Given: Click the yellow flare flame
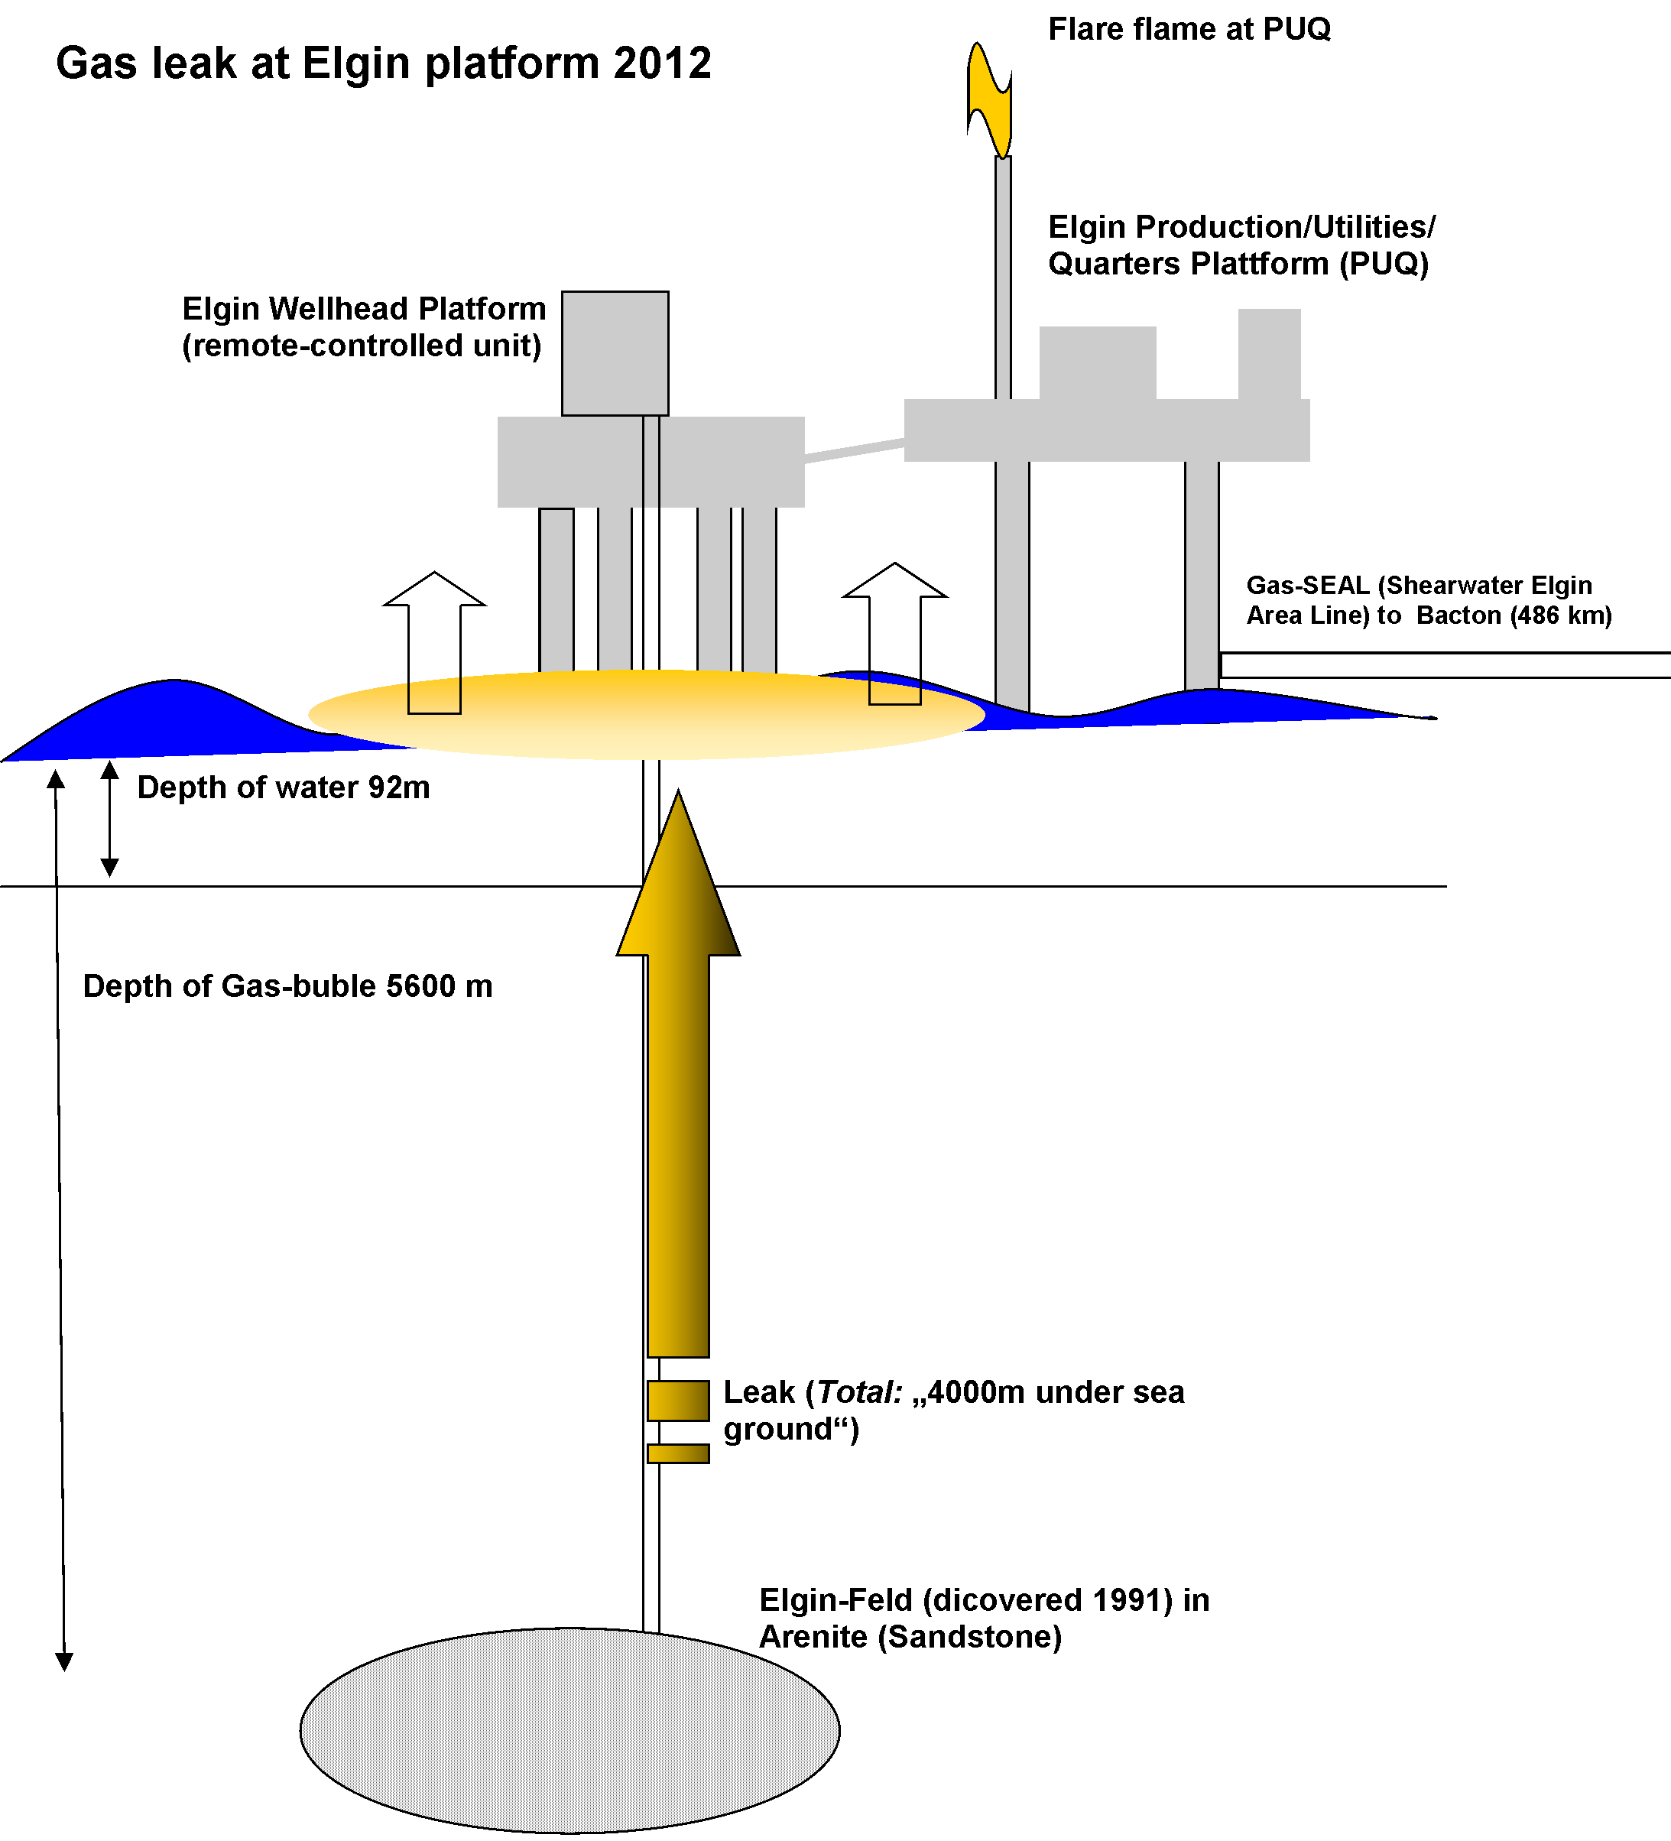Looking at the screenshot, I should click(x=990, y=100).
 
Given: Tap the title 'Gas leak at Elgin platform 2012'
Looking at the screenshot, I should click(x=384, y=64).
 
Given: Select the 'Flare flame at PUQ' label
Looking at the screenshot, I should click(x=1189, y=29).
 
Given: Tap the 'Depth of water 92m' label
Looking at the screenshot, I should click(x=283, y=787).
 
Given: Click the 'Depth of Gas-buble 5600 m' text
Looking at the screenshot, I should click(x=287, y=986).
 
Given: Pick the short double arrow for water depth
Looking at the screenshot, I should click(x=109, y=818).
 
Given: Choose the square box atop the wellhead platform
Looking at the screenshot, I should click(x=615, y=353).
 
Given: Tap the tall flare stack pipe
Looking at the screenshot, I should click(x=1003, y=274).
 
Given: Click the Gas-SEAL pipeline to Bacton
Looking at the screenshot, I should click(x=1442, y=665).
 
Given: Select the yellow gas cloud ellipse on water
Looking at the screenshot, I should click(x=647, y=715).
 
